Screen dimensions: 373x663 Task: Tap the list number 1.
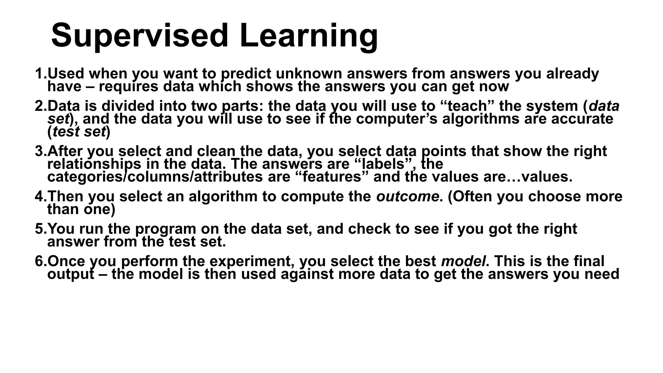[x=39, y=74]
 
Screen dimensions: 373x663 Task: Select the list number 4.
[x=39, y=197]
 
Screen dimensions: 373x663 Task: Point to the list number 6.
[x=39, y=261]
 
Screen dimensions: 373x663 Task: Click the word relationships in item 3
[x=94, y=164]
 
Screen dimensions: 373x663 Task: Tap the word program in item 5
[x=165, y=229]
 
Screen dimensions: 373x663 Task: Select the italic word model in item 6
[x=463, y=261]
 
